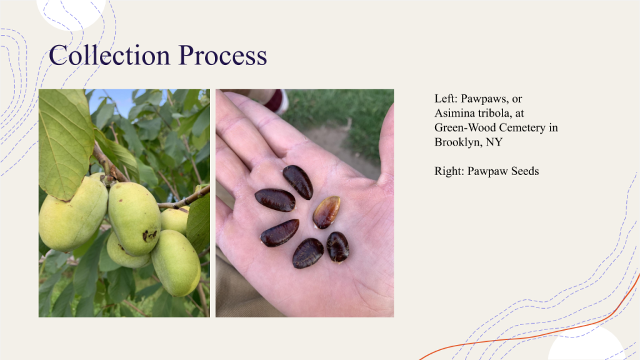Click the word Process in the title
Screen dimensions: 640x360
pyautogui.click(x=223, y=56)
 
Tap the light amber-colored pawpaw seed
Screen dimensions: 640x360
pyautogui.click(x=326, y=212)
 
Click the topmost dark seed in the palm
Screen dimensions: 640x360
pyautogui.click(x=298, y=182)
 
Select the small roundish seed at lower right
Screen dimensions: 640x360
pyautogui.click(x=337, y=247)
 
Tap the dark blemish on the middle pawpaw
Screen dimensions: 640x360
pyautogui.click(x=150, y=235)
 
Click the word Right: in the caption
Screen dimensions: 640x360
pyautogui.click(x=449, y=171)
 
